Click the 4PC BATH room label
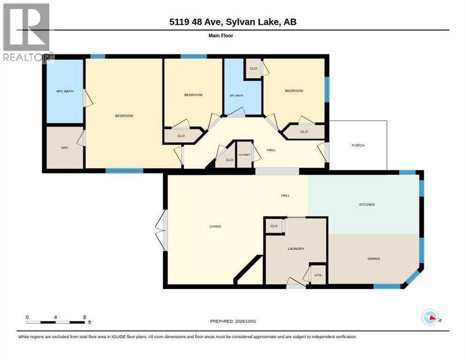coord(65,91)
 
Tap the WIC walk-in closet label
coord(65,148)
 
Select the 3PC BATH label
coord(236,96)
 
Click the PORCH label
coord(358,145)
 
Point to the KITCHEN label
coord(367,204)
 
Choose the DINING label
coord(374,259)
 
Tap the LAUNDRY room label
coord(296,248)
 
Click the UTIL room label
coord(318,275)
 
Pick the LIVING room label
coord(215,226)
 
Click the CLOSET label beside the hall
coord(244,155)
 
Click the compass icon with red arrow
coord(430,317)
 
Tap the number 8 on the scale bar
coord(85,317)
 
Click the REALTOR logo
coord(27,32)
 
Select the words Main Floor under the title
coord(221,36)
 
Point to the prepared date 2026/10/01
coord(246,322)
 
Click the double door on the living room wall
coord(162,230)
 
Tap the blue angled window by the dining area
coord(413,277)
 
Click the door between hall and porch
coord(324,152)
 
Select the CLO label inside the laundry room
coord(274,226)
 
